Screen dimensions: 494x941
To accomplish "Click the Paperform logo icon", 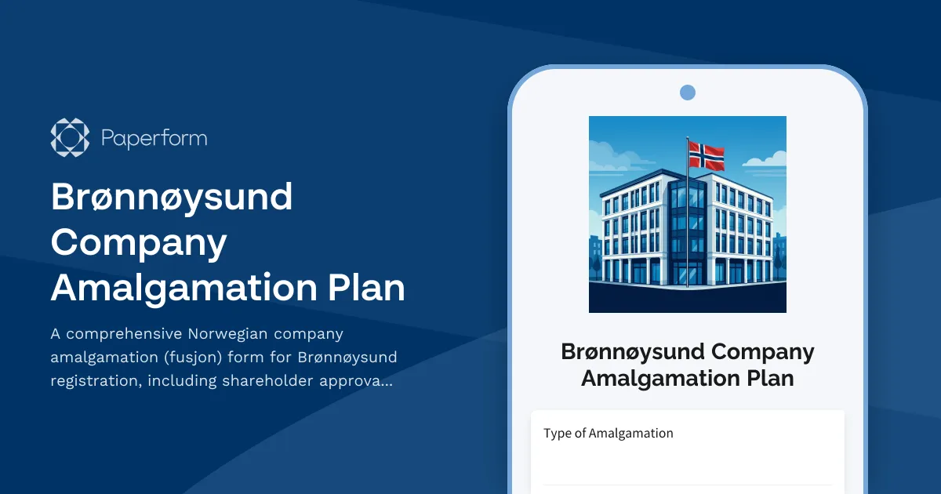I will click(x=70, y=138).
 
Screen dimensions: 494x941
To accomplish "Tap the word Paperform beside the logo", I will click(x=154, y=139).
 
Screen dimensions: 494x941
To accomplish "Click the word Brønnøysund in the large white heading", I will click(x=172, y=197).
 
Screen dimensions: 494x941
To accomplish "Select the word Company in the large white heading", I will click(x=139, y=242).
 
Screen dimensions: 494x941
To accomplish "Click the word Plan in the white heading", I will click(x=366, y=288).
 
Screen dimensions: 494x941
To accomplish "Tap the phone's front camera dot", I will click(x=688, y=93).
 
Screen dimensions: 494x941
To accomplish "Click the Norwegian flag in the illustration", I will click(x=706, y=154).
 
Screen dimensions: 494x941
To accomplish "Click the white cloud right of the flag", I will click(x=765, y=160).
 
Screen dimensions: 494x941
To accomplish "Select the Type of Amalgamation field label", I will click(x=608, y=433).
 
